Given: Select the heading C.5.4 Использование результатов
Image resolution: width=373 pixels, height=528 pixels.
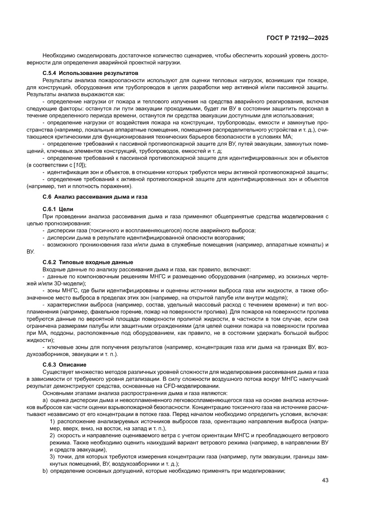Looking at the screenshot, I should point(90,73).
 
